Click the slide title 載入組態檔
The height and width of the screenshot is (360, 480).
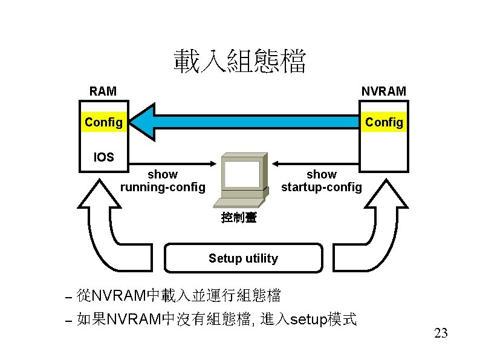click(240, 62)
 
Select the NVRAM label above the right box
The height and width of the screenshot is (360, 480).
click(383, 91)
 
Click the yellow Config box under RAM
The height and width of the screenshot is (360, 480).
click(103, 122)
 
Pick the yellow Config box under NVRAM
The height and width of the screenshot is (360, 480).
click(384, 122)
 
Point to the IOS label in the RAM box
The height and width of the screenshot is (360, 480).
click(103, 157)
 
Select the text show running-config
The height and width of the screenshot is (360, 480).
click(163, 180)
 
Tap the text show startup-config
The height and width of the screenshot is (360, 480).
click(321, 180)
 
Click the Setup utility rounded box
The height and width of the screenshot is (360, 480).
click(243, 258)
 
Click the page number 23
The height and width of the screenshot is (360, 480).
click(441, 333)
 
